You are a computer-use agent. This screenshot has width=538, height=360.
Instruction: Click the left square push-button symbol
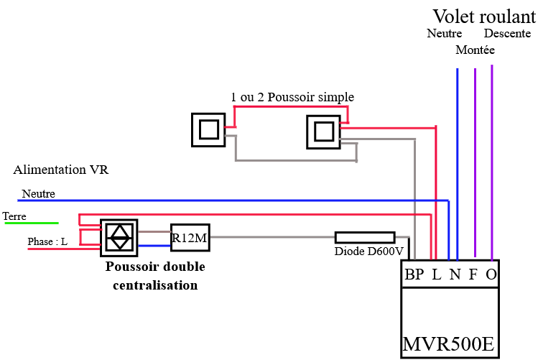click(x=208, y=129)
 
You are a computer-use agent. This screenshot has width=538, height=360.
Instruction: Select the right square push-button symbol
click(x=323, y=131)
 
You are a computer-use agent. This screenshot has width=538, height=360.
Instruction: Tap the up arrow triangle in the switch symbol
click(x=119, y=231)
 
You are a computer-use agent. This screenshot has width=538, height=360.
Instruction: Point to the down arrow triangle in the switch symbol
click(x=119, y=244)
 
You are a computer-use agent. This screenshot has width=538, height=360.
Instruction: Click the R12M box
click(x=190, y=238)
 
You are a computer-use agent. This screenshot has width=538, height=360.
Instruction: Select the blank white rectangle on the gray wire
click(x=365, y=237)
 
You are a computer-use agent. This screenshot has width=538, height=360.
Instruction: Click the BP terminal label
click(x=414, y=274)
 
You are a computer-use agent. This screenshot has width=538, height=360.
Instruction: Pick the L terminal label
click(x=436, y=274)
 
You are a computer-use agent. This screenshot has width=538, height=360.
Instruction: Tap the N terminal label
click(x=455, y=274)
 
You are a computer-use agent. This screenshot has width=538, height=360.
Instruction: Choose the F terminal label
click(x=473, y=274)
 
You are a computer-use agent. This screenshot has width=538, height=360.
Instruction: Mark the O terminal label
click(x=491, y=274)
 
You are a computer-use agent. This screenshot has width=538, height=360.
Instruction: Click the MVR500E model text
click(x=448, y=345)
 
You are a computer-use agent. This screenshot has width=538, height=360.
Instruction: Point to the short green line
click(x=32, y=223)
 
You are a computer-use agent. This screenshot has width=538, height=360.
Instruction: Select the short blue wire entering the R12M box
click(x=154, y=246)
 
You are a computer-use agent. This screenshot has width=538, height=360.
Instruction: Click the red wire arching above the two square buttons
click(x=291, y=106)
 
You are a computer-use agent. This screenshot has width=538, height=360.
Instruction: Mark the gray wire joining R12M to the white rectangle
click(x=273, y=237)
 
